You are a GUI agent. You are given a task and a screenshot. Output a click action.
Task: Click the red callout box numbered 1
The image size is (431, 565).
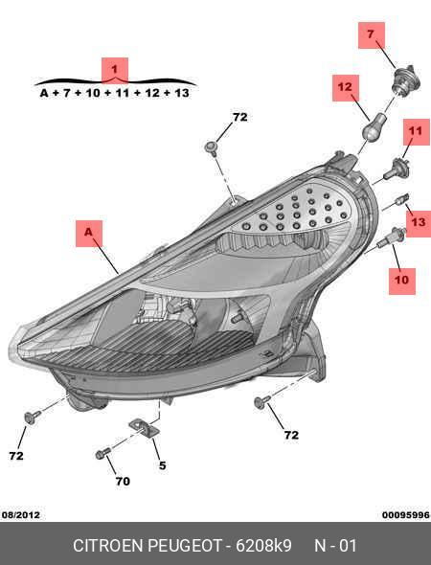[x=115, y=70]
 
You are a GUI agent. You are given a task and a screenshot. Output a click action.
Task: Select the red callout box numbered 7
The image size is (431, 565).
[x=372, y=34]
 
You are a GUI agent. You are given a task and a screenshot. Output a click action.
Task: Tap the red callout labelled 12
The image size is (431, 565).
[x=345, y=88]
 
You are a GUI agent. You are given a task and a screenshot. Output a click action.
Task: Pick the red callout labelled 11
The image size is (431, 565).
[x=417, y=132]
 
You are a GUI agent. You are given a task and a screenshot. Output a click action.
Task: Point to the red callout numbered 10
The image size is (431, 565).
[x=402, y=281]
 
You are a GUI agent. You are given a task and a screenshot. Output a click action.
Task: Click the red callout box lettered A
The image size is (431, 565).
[x=89, y=234]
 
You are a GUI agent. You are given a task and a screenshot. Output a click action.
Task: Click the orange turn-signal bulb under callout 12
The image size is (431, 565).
[x=374, y=126]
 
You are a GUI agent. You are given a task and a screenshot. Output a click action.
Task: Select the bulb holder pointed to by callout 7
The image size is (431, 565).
[x=406, y=80]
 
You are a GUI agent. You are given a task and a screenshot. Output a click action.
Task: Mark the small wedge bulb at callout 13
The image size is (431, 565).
[x=402, y=199]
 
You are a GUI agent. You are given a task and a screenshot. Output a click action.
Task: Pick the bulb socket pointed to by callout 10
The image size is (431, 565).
[x=391, y=237]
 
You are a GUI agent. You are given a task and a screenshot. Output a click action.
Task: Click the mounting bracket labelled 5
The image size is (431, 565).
[x=145, y=428]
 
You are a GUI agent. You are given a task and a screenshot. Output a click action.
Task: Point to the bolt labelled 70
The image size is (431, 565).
[x=103, y=453]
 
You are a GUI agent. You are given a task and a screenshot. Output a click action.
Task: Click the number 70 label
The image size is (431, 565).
[x=123, y=481]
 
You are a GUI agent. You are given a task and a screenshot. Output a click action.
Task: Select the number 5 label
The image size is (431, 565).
[x=163, y=465]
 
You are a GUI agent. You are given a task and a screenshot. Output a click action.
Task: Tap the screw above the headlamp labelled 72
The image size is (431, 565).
[x=211, y=148]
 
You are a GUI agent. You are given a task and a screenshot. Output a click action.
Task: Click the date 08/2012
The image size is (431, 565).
[x=21, y=515]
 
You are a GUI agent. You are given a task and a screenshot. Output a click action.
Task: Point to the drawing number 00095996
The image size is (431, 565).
[x=406, y=515]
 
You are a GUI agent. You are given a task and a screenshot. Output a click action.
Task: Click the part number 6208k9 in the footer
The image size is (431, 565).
[x=263, y=546]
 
